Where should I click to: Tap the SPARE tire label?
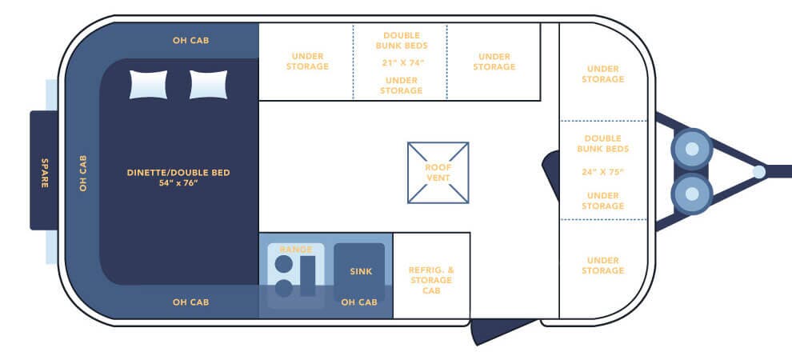[45, 173]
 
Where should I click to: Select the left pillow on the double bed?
[148, 84]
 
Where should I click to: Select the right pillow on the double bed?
[208, 84]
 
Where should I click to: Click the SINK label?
[361, 271]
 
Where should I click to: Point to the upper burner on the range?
[283, 263]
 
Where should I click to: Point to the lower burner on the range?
[283, 288]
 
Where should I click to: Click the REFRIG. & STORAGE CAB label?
[431, 280]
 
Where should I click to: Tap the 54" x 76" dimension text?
[178, 182]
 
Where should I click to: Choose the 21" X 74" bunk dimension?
[402, 62]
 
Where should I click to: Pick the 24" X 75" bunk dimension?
[603, 172]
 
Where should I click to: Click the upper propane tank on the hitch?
[692, 149]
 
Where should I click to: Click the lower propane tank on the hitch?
[692, 194]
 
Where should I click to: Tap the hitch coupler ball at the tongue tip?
[758, 172]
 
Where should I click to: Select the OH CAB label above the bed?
[191, 40]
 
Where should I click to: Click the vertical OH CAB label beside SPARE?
[83, 173]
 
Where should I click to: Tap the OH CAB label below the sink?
[359, 302]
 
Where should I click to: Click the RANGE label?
[296, 250]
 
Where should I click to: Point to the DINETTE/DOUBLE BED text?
[178, 173]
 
